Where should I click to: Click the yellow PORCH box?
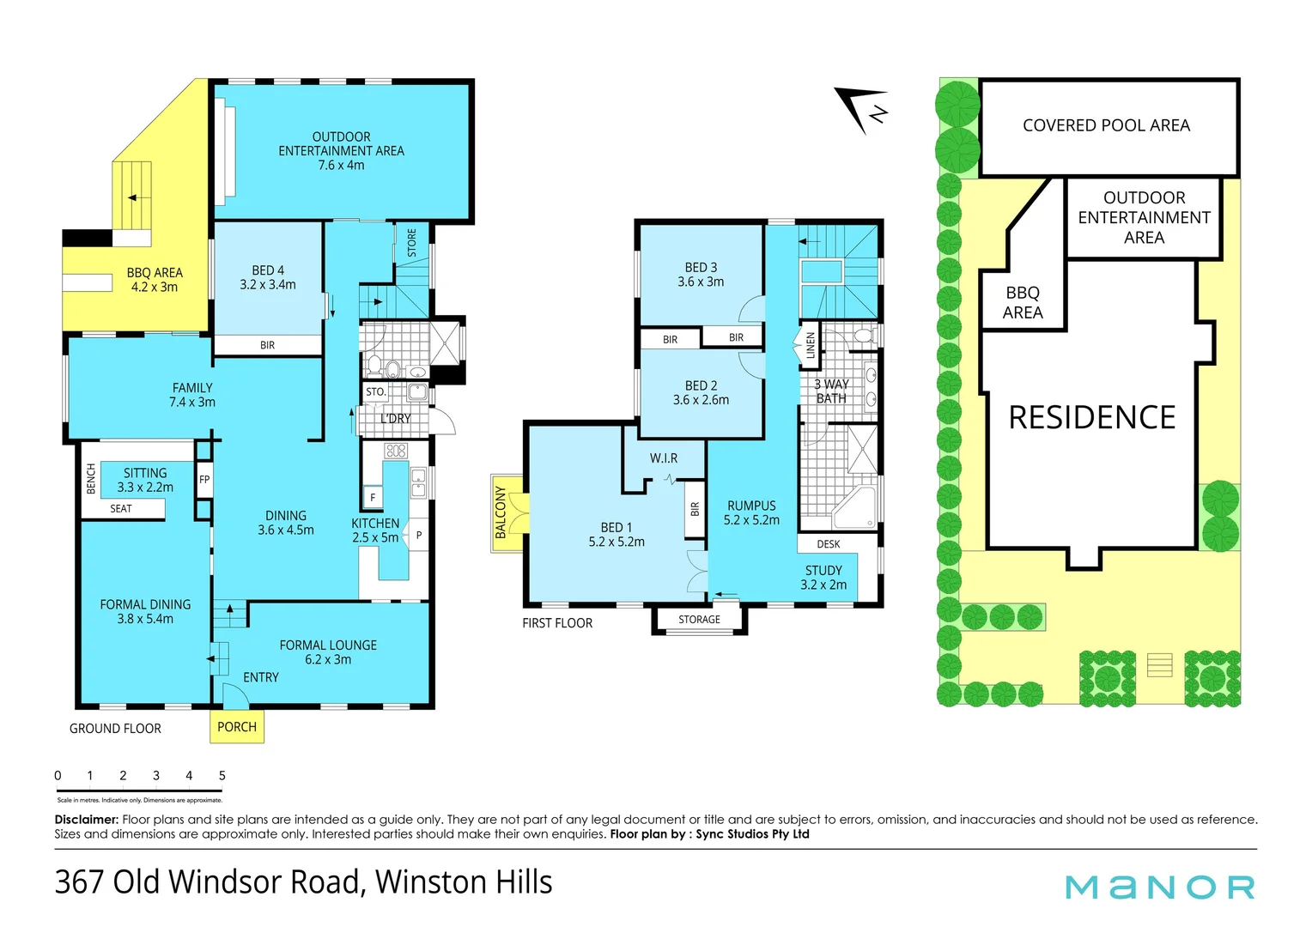237,727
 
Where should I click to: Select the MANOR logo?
1159,888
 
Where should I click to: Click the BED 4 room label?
267,277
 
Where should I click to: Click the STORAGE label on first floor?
699,620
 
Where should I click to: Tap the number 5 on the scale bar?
222,776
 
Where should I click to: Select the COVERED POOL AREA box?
1106,126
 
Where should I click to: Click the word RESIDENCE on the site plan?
1091,418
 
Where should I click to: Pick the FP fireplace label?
204,480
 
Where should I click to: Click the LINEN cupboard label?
810,346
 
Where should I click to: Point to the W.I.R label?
664,458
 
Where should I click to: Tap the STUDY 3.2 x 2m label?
823,578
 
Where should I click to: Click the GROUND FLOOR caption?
115,729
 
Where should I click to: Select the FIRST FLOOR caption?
557,623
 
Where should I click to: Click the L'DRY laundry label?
395,419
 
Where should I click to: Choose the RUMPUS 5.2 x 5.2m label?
751,513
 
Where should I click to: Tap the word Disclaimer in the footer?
86,820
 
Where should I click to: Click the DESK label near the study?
829,544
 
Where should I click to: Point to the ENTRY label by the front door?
261,678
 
